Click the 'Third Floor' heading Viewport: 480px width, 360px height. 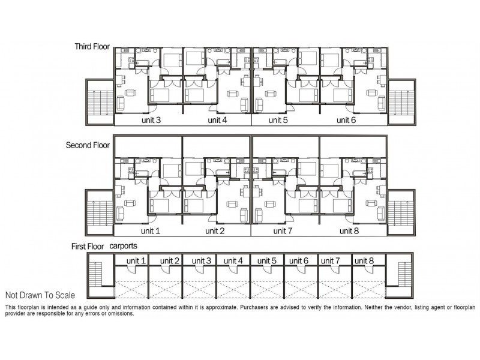(92, 46)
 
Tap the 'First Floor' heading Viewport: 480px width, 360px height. (85, 247)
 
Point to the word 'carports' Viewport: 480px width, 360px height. (124, 247)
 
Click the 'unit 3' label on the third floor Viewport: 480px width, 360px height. (150, 120)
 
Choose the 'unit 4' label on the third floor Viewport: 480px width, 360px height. (217, 120)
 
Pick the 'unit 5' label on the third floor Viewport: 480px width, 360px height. (278, 120)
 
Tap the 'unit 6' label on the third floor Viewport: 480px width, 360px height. (346, 120)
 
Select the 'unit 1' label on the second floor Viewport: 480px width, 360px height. (150, 230)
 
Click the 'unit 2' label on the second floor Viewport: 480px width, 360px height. (215, 230)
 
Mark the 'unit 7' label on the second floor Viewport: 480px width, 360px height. (282, 230)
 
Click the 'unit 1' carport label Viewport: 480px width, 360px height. (136, 260)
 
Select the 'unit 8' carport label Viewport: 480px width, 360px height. (364, 260)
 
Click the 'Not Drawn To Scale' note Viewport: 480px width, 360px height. (40, 295)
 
